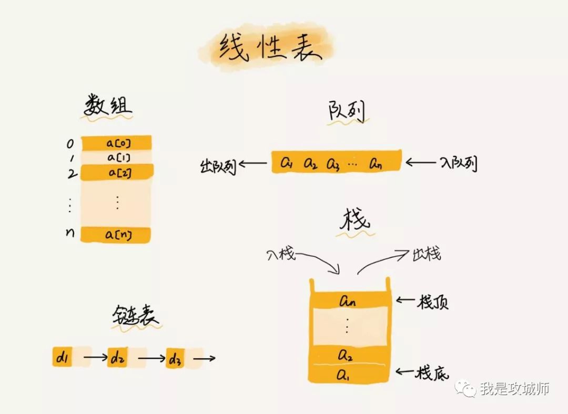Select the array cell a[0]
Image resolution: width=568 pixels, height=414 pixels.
tap(117, 143)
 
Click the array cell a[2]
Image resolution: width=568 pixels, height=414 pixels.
tap(117, 172)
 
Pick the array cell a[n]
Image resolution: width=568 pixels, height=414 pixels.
tap(117, 234)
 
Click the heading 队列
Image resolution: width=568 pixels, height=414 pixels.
tap(346, 112)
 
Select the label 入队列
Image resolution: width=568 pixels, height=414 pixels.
tap(458, 164)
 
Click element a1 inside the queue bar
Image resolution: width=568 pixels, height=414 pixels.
tap(286, 163)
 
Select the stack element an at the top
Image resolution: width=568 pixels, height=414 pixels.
tap(348, 301)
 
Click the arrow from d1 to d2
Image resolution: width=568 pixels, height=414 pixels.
tap(95, 358)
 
